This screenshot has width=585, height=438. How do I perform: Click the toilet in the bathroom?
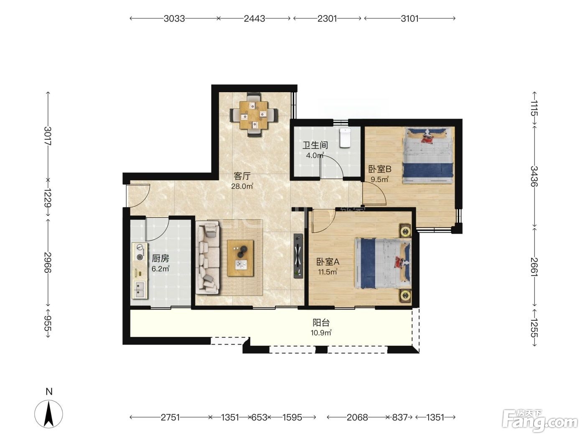click(345, 138)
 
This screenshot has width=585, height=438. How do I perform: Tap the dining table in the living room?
click(253, 115)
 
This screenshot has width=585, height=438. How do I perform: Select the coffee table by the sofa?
click(240, 258)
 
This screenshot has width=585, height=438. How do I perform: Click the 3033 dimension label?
click(174, 19)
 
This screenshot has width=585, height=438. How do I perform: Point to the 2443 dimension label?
click(254, 19)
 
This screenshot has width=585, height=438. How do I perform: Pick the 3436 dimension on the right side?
click(534, 176)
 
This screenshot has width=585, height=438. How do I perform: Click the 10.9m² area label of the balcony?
click(321, 333)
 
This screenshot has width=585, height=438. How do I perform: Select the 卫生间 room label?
click(315, 145)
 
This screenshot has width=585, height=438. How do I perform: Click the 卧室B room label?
click(379, 169)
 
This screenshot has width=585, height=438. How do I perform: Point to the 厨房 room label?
click(160, 258)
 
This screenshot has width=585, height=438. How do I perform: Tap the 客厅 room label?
click(242, 176)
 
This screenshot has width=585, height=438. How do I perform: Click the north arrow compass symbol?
click(48, 414)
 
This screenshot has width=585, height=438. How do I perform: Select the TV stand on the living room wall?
click(298, 256)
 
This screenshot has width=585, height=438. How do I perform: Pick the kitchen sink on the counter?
click(139, 289)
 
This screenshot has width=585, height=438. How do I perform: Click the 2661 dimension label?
click(534, 267)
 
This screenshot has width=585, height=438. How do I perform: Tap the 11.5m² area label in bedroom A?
click(328, 272)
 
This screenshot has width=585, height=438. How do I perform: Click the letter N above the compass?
click(49, 392)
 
